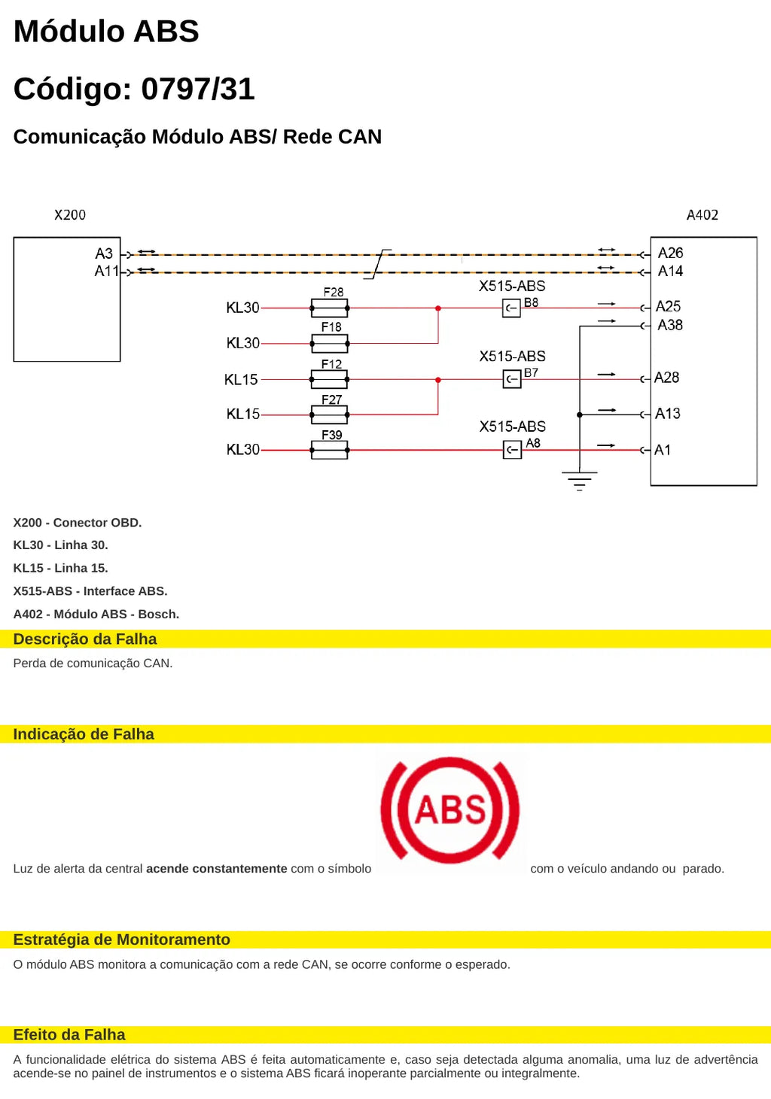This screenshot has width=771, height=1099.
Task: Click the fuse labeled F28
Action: (x=330, y=308)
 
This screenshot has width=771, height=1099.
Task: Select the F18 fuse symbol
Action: (x=330, y=344)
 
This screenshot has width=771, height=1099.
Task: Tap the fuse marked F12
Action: (x=330, y=379)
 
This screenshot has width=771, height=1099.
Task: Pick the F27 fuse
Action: (x=330, y=414)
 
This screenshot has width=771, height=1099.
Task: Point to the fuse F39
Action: (x=330, y=450)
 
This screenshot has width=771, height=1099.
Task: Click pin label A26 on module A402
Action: (x=670, y=253)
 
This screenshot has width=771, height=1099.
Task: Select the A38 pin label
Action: (x=670, y=325)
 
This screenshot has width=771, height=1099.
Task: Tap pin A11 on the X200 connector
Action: (x=107, y=271)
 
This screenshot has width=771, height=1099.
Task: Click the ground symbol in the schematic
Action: (x=580, y=481)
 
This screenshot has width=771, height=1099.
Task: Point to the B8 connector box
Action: (x=511, y=308)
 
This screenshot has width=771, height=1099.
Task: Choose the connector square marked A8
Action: (x=512, y=450)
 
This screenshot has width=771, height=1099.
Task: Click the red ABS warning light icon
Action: (x=449, y=810)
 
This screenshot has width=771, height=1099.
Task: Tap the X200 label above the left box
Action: (x=70, y=215)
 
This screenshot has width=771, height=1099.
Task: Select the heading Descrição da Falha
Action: (x=85, y=639)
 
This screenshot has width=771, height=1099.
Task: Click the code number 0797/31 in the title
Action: (x=198, y=89)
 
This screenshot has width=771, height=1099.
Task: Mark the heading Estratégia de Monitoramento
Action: (x=122, y=940)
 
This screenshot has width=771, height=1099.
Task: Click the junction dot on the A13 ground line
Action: (x=580, y=415)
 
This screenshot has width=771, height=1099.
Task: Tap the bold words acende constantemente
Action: (x=217, y=869)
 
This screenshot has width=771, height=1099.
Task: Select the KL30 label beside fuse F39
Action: (x=242, y=449)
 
